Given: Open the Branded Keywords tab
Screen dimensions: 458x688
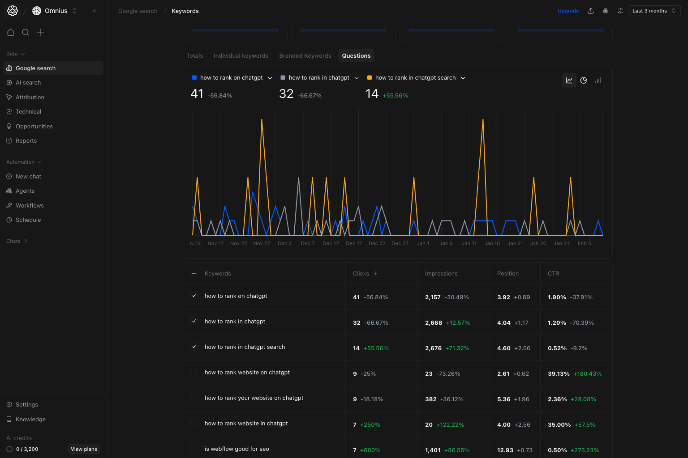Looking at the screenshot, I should pos(305,56).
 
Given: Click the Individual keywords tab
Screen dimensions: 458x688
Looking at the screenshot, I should pos(241,56).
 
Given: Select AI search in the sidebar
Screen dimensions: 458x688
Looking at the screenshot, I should pos(28,83).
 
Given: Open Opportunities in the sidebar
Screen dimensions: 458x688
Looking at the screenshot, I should pos(34,127).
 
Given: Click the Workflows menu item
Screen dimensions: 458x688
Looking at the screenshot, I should pos(30,206).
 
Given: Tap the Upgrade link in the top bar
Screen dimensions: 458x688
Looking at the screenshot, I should pos(568,11).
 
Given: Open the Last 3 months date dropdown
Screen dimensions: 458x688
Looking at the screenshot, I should pos(654,11).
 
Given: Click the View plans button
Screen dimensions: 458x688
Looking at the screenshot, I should pos(84,449).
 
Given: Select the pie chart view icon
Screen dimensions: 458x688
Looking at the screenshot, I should pos(584,81).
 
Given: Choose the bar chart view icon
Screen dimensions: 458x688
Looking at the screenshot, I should pos(598,81).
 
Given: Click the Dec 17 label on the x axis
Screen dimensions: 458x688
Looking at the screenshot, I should pos(354,243).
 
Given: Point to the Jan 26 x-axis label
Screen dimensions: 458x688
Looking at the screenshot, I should pos(538,243).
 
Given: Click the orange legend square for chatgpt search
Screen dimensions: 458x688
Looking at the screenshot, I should pos(370,78).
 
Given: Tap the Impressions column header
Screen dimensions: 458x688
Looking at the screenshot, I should pos(441,274).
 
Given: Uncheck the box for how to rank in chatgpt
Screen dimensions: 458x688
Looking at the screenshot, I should pos(194,321).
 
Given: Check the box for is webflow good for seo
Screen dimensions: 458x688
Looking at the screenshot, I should pos(194,448).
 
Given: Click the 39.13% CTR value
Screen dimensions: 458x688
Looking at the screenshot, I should pos(559,374).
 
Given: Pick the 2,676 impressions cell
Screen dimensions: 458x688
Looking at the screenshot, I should pos(433,348).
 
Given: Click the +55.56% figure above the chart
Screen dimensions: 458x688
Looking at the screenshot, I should pos(395,96).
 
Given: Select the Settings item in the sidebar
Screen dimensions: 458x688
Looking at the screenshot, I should pos(27,405).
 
